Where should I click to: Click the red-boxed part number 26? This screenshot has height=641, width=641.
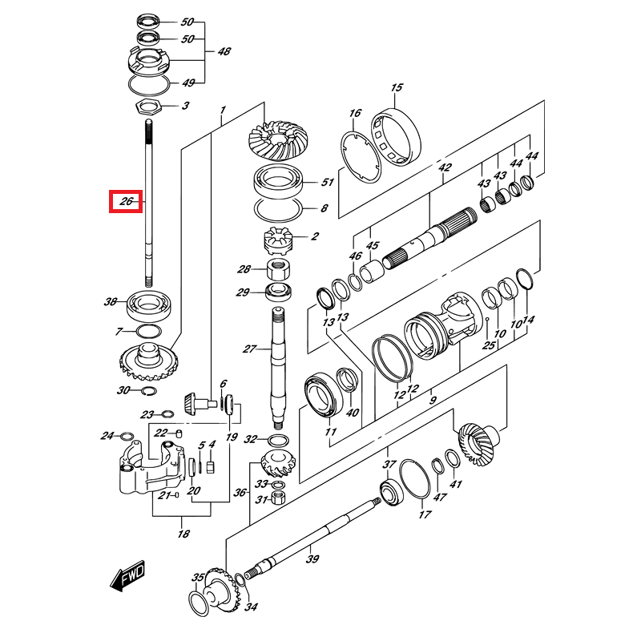(x=125, y=202)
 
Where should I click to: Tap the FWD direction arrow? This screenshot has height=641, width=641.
(x=127, y=575)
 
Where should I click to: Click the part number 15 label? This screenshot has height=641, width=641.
(x=396, y=87)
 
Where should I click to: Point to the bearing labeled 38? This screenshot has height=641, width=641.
(x=149, y=303)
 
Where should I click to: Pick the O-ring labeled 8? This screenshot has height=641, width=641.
(x=277, y=209)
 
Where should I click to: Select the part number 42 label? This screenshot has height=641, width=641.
(x=445, y=168)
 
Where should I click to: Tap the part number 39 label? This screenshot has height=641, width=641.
(x=312, y=558)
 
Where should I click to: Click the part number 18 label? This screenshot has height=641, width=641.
(x=183, y=534)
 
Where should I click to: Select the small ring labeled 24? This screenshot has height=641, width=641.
(x=127, y=437)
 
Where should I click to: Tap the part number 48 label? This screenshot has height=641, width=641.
(x=224, y=51)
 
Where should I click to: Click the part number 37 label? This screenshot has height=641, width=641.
(x=389, y=465)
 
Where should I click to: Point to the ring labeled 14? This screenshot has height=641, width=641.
(x=523, y=279)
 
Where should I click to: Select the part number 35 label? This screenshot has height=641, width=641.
(x=198, y=577)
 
